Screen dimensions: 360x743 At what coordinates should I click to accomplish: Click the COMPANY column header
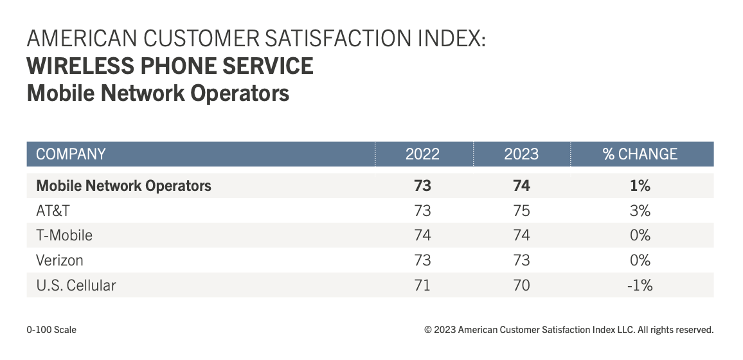click(x=71, y=154)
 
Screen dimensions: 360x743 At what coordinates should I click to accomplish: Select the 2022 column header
click(x=422, y=154)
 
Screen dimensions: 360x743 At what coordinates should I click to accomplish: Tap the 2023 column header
click(x=521, y=154)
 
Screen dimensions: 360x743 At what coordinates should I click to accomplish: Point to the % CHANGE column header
click(x=640, y=154)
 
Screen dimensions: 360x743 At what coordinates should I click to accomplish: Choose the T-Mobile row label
click(x=64, y=235)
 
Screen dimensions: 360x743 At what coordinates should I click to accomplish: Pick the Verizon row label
click(x=60, y=260)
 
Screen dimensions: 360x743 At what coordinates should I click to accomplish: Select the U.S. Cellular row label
click(x=76, y=285)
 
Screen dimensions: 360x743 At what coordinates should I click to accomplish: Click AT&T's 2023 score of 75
click(x=521, y=211)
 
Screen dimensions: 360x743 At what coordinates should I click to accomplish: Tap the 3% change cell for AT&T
click(x=640, y=211)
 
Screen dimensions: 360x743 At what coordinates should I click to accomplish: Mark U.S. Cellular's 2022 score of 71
click(x=422, y=285)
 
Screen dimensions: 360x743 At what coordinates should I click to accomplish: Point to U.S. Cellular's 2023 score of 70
click(x=521, y=285)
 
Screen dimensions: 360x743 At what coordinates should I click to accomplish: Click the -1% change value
click(x=640, y=285)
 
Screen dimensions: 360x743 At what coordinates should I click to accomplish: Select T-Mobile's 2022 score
click(x=422, y=235)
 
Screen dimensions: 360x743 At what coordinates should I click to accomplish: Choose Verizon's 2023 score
click(x=521, y=260)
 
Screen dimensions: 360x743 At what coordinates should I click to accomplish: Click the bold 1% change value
click(x=640, y=186)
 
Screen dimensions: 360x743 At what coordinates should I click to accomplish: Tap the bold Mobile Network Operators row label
click(x=123, y=186)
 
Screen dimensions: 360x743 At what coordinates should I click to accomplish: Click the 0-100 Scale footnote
click(x=51, y=330)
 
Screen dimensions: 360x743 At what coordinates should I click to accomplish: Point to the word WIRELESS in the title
click(x=80, y=66)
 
